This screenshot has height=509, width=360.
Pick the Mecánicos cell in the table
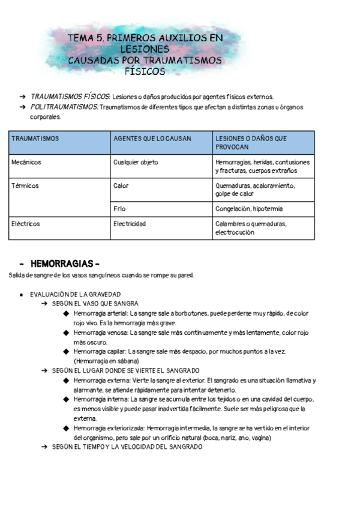(x=26, y=162)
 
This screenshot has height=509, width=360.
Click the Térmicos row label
(x=25, y=186)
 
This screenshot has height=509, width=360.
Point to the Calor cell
(x=121, y=186)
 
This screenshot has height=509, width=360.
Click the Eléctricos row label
(x=26, y=224)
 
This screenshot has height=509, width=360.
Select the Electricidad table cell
(x=130, y=224)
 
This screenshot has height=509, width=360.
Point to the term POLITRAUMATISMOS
(x=64, y=107)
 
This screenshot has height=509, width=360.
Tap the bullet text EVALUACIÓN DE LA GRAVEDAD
(x=75, y=294)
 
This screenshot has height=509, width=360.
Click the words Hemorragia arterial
(x=100, y=313)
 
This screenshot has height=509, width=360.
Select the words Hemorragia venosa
(x=100, y=333)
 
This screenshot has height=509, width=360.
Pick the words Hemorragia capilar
(x=100, y=352)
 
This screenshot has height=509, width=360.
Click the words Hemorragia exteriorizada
(x=109, y=428)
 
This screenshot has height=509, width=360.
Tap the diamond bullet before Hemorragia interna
(x=65, y=399)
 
